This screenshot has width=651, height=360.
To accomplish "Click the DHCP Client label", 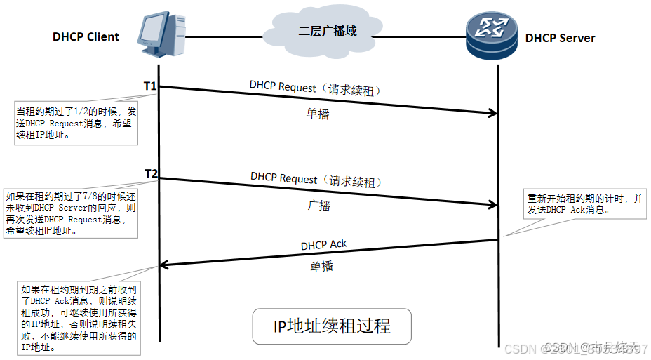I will (x=86, y=37).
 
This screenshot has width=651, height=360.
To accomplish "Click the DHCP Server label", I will (x=560, y=38).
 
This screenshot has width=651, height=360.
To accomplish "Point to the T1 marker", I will (x=150, y=86).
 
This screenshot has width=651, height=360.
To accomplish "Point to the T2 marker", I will (x=151, y=173).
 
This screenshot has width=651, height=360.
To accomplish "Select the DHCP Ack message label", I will (x=323, y=245).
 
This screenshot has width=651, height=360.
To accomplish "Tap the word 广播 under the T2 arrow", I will (x=318, y=206).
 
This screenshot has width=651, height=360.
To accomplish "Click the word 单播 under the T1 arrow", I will (x=318, y=114).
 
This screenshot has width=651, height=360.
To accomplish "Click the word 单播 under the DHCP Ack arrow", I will (x=321, y=267).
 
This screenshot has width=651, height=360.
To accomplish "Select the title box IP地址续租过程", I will (x=331, y=326).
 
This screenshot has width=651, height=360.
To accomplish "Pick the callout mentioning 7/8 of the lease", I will (x=70, y=213).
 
